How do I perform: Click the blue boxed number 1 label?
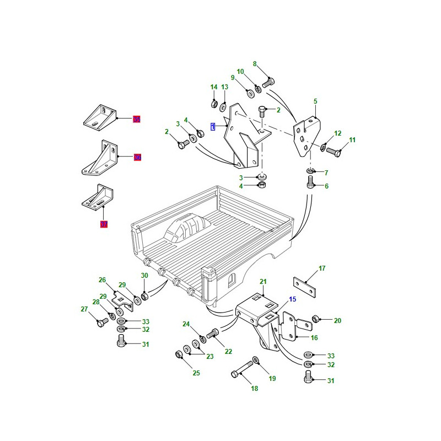coord(213,127)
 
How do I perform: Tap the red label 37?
coord(104,224)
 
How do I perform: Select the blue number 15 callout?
coord(293,299)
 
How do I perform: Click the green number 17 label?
coord(322,268)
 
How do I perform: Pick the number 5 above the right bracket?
coord(315,101)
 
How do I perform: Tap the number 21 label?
coord(263,282)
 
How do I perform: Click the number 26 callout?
coord(102,279)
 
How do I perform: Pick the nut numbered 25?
coord(179,353)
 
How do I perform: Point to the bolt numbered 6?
coord(310,183)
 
